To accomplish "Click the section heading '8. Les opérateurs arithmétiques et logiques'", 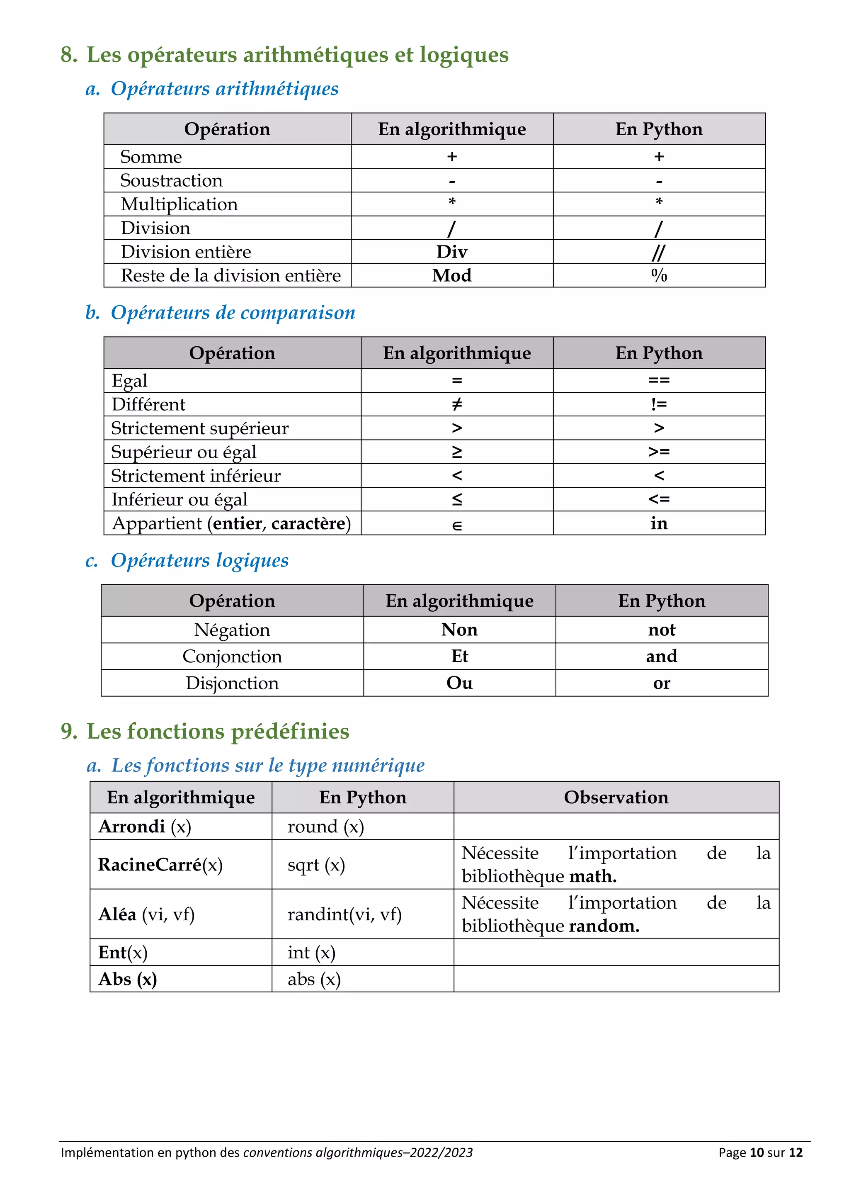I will pyautogui.click(x=284, y=55).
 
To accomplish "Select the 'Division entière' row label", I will pyautogui.click(x=186, y=252).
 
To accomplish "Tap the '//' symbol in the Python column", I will pyautogui.click(x=658, y=253).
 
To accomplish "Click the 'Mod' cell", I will pyautogui.click(x=452, y=276).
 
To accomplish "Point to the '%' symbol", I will pyautogui.click(x=659, y=276).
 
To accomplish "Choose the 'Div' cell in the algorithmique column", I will pyautogui.click(x=452, y=252).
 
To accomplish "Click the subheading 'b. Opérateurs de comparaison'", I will pyautogui.click(x=220, y=313).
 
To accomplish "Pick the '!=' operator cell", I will pyautogui.click(x=659, y=404).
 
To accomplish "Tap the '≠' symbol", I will pyautogui.click(x=456, y=404).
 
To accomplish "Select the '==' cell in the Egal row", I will pyautogui.click(x=659, y=380).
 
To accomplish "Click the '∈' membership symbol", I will pyautogui.click(x=456, y=525).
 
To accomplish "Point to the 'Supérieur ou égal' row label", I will pyautogui.click(x=184, y=452).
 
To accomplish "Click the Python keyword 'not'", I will pyautogui.click(x=661, y=630).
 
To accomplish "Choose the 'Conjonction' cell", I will pyautogui.click(x=232, y=656).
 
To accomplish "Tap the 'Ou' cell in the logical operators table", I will pyautogui.click(x=459, y=683).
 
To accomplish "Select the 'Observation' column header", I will pyautogui.click(x=616, y=797).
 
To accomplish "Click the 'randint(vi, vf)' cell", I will pyautogui.click(x=344, y=914).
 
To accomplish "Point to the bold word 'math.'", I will pyautogui.click(x=593, y=876).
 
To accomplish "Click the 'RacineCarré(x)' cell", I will pyautogui.click(x=160, y=865).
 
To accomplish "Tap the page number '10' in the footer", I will pyautogui.click(x=757, y=1152).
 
